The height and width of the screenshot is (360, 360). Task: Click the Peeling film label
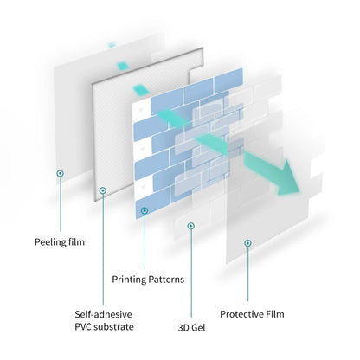[60, 242]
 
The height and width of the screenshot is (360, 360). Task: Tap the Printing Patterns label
[148, 280]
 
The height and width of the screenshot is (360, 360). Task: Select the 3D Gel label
[192, 328]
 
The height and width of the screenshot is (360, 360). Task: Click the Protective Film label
[252, 314]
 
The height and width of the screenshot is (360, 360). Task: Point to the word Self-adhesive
[103, 314]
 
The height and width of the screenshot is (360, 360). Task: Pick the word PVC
[83, 327]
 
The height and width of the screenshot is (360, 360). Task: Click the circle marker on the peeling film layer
[60, 174]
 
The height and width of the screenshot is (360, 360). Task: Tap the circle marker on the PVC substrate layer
[103, 190]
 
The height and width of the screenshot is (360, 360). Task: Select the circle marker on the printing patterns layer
[145, 211]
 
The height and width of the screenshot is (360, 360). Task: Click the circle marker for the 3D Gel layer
[190, 226]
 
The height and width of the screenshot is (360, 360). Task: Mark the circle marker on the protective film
[247, 243]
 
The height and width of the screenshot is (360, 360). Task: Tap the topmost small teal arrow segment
[112, 45]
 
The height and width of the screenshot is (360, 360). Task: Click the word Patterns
[166, 280]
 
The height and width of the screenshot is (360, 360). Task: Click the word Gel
[198, 328]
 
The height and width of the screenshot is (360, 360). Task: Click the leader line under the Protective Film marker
[247, 274]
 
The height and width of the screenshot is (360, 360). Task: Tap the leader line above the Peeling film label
[61, 204]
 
